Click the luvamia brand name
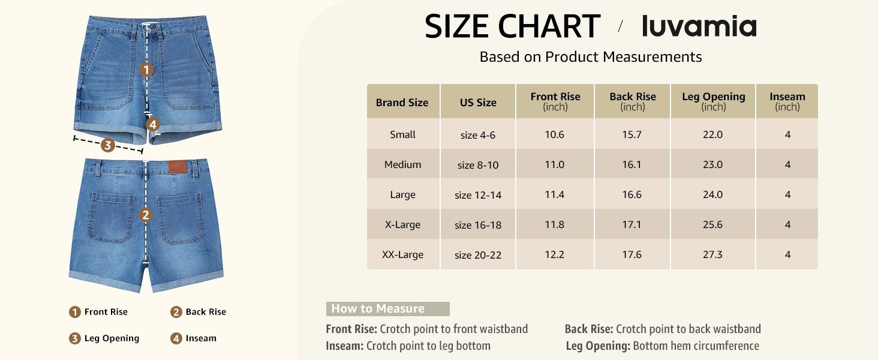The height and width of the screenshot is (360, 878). coord(699,26)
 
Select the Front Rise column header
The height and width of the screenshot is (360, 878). coord(555,101)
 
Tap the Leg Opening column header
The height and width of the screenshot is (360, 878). coord(713,101)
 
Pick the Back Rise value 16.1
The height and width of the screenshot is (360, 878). coord(632,164)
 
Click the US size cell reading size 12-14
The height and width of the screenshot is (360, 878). coord(478,195)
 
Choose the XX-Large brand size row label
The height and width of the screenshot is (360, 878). coord(402,254)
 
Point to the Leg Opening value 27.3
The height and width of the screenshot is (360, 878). coord(712,254)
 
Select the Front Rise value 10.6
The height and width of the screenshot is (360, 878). coord(554,134)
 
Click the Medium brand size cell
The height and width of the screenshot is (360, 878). coord(402,164)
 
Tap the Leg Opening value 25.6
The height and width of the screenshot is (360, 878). coord(712,224)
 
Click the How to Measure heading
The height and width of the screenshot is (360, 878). coord(378,309)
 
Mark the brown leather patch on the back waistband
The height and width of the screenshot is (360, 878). coord(176,167)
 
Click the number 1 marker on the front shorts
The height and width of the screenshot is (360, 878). coord(146,70)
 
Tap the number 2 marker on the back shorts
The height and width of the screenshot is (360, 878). coord(146,215)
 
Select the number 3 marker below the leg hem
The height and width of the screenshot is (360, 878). coord(107,145)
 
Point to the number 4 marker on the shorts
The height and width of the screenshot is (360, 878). coord(153,124)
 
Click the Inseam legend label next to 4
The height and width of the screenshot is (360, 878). coord(201,338)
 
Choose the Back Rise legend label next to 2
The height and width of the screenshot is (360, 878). coord(206,312)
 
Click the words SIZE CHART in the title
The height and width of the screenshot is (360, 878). coord(512,26)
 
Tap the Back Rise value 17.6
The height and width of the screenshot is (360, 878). coord(632,254)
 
